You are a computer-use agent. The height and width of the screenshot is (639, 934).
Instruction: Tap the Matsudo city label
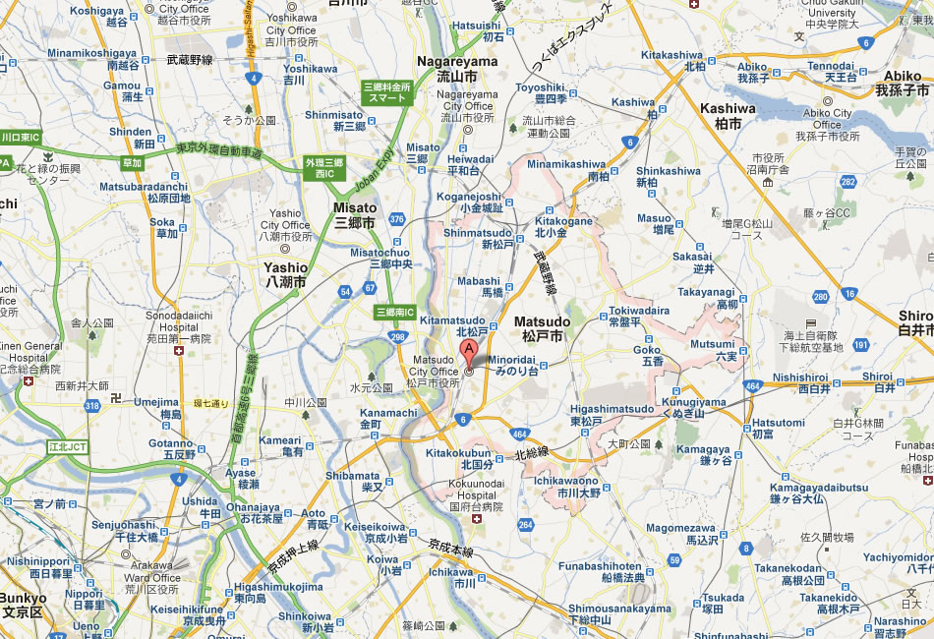(542, 328)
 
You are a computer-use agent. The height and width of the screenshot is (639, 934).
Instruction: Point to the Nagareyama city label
(457, 68)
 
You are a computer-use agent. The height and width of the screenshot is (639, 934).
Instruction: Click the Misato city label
(355, 215)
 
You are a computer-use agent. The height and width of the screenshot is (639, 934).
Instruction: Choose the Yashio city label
(285, 274)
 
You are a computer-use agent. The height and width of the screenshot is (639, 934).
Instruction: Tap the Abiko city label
(902, 83)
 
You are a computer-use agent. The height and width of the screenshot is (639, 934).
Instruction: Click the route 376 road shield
(396, 218)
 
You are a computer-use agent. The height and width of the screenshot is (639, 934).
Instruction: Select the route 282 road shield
(846, 181)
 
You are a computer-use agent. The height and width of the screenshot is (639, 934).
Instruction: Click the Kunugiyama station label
(694, 408)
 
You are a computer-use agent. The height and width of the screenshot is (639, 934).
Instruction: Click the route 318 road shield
(92, 404)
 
